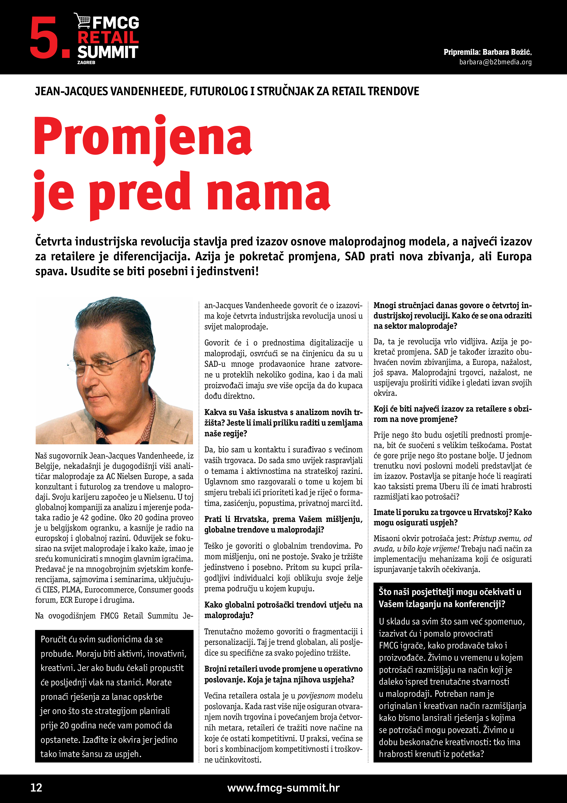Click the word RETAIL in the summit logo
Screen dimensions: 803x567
point(108,37)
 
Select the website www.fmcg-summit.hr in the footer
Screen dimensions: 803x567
point(283,788)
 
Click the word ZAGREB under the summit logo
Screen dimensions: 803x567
point(86,62)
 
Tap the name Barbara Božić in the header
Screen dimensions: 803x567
point(507,52)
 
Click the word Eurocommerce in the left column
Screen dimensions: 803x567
point(110,590)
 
